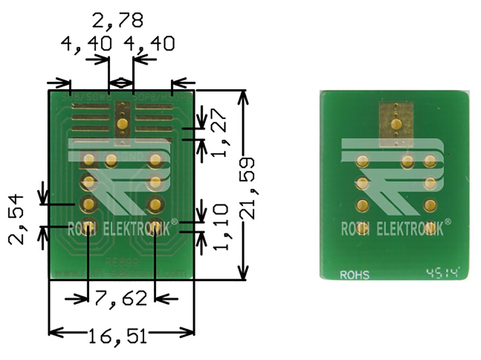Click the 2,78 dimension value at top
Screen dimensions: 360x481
coord(117,20)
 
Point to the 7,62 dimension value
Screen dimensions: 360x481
coord(121,299)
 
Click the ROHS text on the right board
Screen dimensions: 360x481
coord(355,275)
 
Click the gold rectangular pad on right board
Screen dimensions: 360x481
coord(396,124)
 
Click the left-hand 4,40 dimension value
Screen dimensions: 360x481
coord(85,44)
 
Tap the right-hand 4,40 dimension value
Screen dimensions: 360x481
coord(149,44)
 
